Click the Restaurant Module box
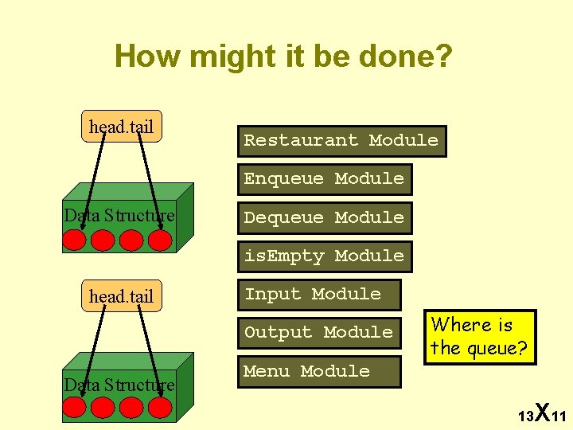coord(341,141)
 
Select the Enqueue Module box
coord(324,179)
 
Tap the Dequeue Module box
coord(324,217)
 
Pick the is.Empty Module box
coord(324,256)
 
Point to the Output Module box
coord(318,333)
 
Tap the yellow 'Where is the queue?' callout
coord(480,337)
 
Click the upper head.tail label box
coord(122,127)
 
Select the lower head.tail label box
coord(122,296)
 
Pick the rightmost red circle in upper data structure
coord(161,240)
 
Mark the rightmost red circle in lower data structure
coord(161,408)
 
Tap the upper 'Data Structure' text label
coord(119,216)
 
